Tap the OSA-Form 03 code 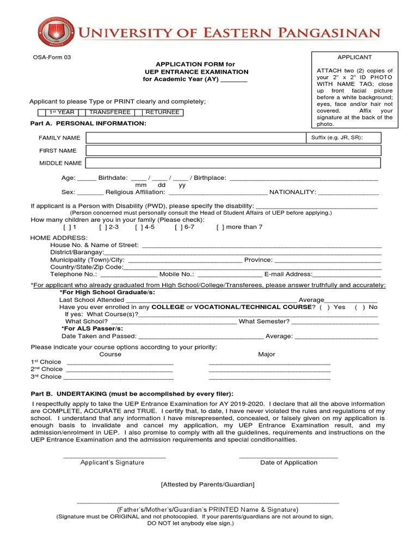pos(50,57)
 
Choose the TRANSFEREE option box pos(109,112)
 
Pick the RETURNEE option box pos(162,112)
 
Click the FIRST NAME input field pos(233,150)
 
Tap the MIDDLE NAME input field pos(233,163)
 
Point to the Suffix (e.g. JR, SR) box pos(344,138)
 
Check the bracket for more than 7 pos(220,227)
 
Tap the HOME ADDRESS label pos(59,238)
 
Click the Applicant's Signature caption pos(112,463)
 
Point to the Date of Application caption pos(288,463)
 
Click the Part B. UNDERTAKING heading pos(132,394)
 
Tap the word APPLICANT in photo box pos(354,57)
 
